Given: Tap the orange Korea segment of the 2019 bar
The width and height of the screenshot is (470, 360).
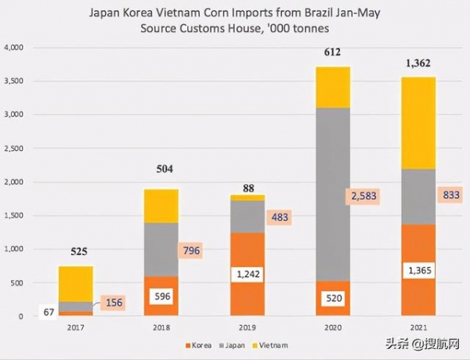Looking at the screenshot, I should pyautogui.click(x=248, y=250).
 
